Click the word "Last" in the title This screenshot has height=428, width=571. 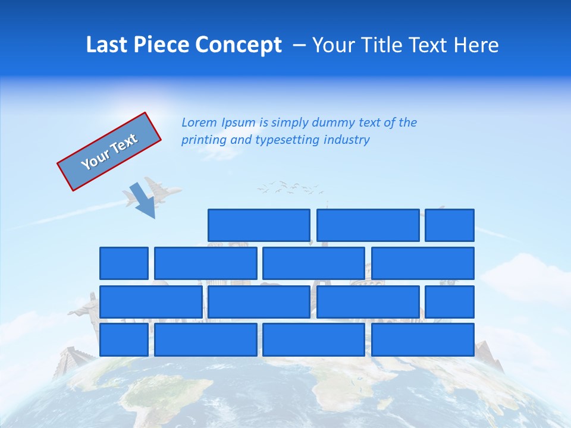[x=107, y=45]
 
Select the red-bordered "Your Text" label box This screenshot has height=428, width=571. [x=109, y=152]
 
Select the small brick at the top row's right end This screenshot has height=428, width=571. [x=449, y=225]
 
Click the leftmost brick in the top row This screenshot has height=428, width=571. [x=259, y=225]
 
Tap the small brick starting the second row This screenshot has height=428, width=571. [x=124, y=263]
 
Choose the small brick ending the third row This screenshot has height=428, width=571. [x=449, y=302]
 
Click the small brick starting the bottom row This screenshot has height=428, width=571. [x=124, y=340]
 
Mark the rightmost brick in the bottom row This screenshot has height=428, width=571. [x=422, y=340]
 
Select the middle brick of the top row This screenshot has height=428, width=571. [x=368, y=225]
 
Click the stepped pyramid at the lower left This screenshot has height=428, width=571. [x=71, y=360]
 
